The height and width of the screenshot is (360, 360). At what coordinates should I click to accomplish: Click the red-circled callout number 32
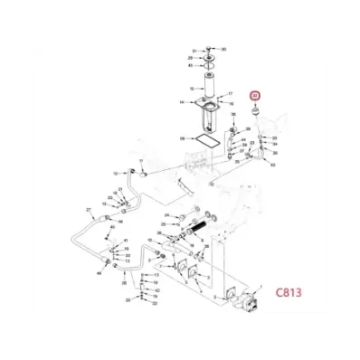[254, 95]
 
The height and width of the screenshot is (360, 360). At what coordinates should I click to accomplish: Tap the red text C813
[283, 293]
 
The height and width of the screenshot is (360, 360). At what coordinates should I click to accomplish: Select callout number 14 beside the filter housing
[183, 103]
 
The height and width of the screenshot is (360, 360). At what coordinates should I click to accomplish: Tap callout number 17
[232, 94]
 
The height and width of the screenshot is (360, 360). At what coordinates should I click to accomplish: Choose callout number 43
[273, 166]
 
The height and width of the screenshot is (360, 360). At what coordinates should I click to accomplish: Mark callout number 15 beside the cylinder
[191, 88]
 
